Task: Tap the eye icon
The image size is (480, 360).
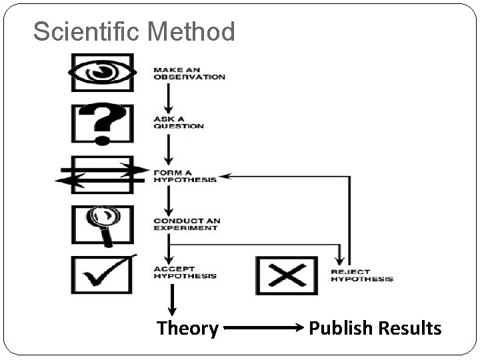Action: [x=103, y=72]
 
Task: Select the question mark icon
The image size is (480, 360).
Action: [x=102, y=123]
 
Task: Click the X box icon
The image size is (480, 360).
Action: [x=282, y=275]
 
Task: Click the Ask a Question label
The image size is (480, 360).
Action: [x=179, y=122]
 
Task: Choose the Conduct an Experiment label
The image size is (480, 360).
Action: [x=186, y=224]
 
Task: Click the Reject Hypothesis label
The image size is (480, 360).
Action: [x=362, y=275]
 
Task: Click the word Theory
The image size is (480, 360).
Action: [x=187, y=328]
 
